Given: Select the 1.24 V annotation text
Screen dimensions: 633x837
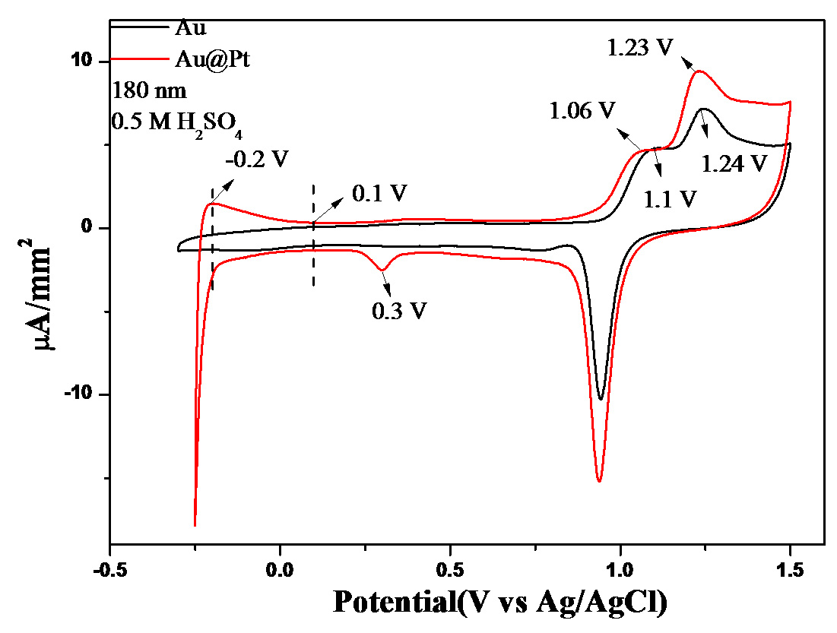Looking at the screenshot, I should tap(732, 162).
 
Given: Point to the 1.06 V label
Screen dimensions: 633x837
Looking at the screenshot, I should tap(582, 111).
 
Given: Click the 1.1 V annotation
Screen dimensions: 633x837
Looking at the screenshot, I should tap(669, 199).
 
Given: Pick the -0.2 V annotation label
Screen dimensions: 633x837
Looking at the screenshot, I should tap(258, 158).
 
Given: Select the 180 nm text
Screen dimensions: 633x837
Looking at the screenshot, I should tap(150, 90).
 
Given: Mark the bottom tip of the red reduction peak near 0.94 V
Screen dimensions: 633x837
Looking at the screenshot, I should tap(600, 481).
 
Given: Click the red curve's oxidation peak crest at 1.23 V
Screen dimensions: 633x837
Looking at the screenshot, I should tap(698, 71).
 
